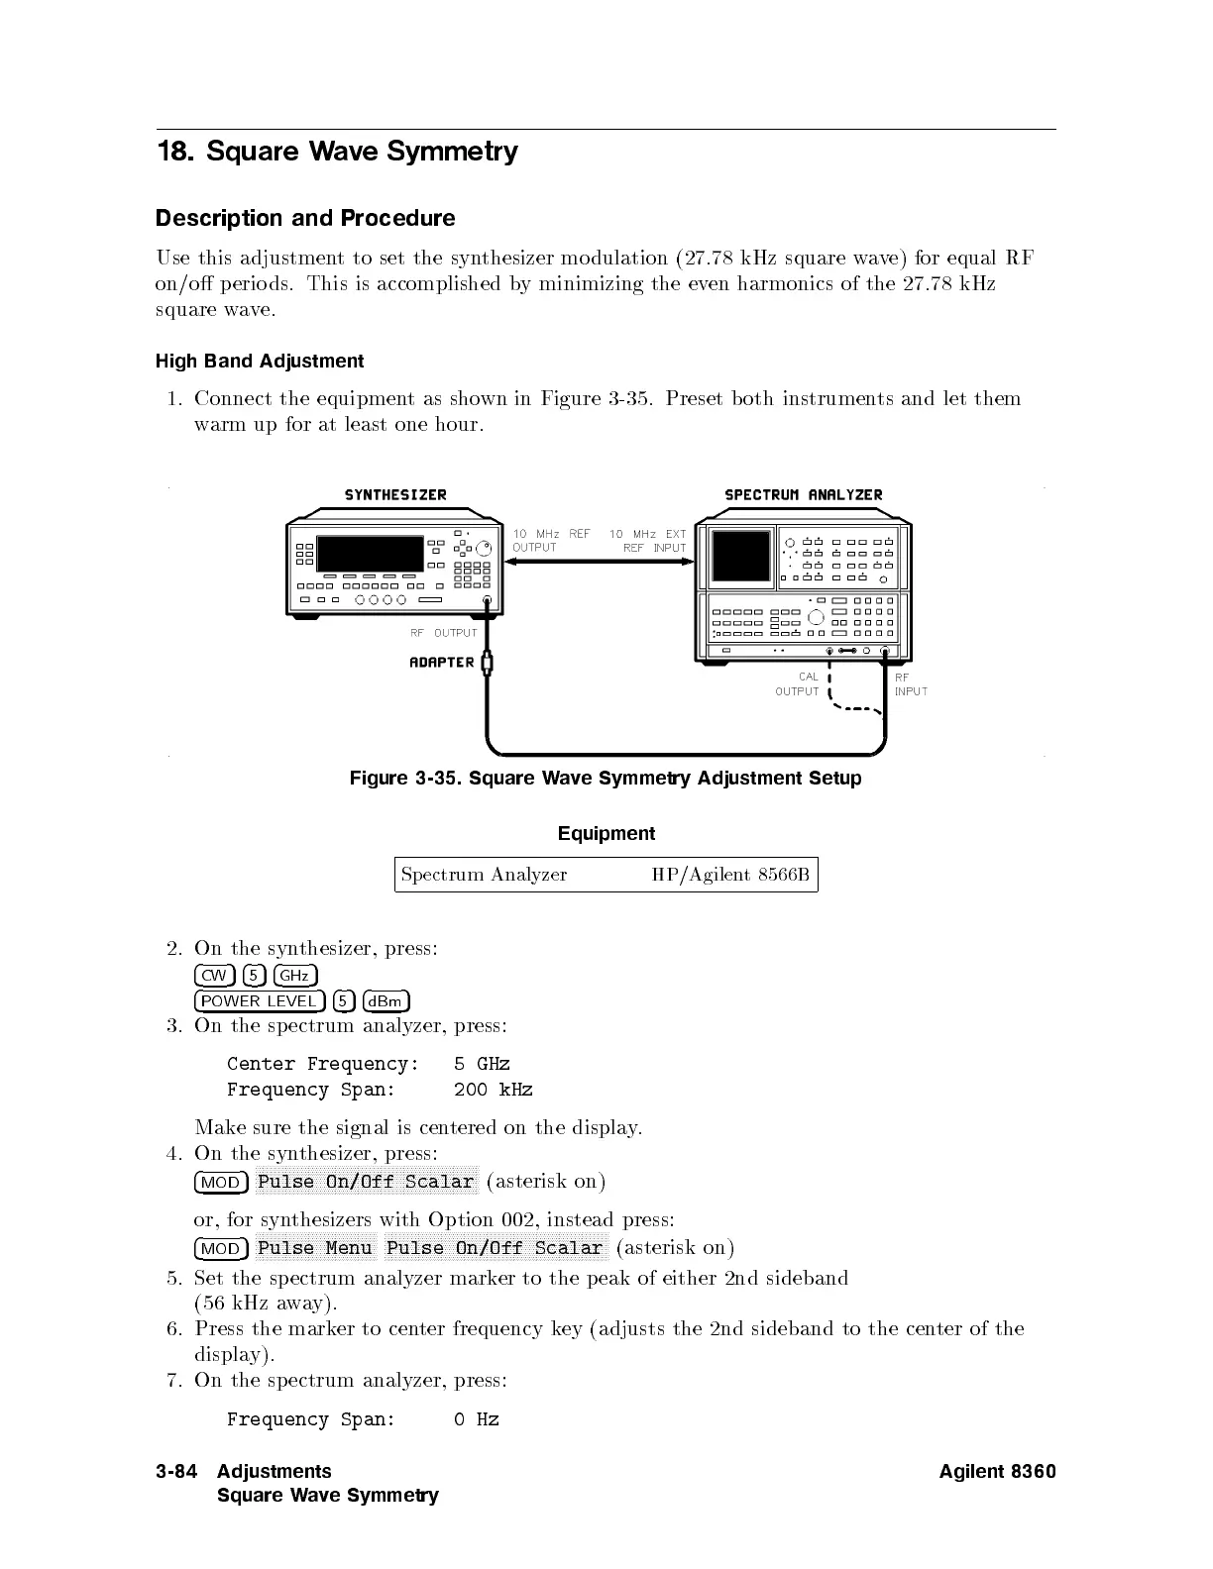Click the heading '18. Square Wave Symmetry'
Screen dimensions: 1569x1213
pyautogui.click(x=337, y=152)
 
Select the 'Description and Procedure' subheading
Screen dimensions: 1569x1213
pyautogui.click(x=305, y=218)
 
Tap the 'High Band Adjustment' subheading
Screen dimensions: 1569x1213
pyautogui.click(x=260, y=362)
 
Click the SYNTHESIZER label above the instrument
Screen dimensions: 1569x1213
pyautogui.click(x=395, y=494)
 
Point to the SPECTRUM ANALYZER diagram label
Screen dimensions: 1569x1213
pyautogui.click(x=803, y=494)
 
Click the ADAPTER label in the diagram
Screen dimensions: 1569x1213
pyautogui.click(x=442, y=663)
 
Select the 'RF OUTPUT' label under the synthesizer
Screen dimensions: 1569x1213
pyautogui.click(x=444, y=633)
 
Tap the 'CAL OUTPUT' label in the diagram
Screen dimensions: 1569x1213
pyautogui.click(x=798, y=684)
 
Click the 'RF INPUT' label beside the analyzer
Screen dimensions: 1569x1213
pyautogui.click(x=910, y=684)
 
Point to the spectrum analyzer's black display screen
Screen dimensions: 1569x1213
pyautogui.click(x=741, y=556)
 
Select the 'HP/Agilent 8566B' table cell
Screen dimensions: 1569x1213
pyautogui.click(x=730, y=875)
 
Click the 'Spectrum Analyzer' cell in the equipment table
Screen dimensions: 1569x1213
pyautogui.click(x=484, y=875)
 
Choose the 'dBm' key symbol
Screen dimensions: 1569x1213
pyautogui.click(x=386, y=1001)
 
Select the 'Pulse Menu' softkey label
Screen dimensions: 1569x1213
pyautogui.click(x=315, y=1249)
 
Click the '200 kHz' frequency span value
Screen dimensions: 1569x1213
pyautogui.click(x=493, y=1091)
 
